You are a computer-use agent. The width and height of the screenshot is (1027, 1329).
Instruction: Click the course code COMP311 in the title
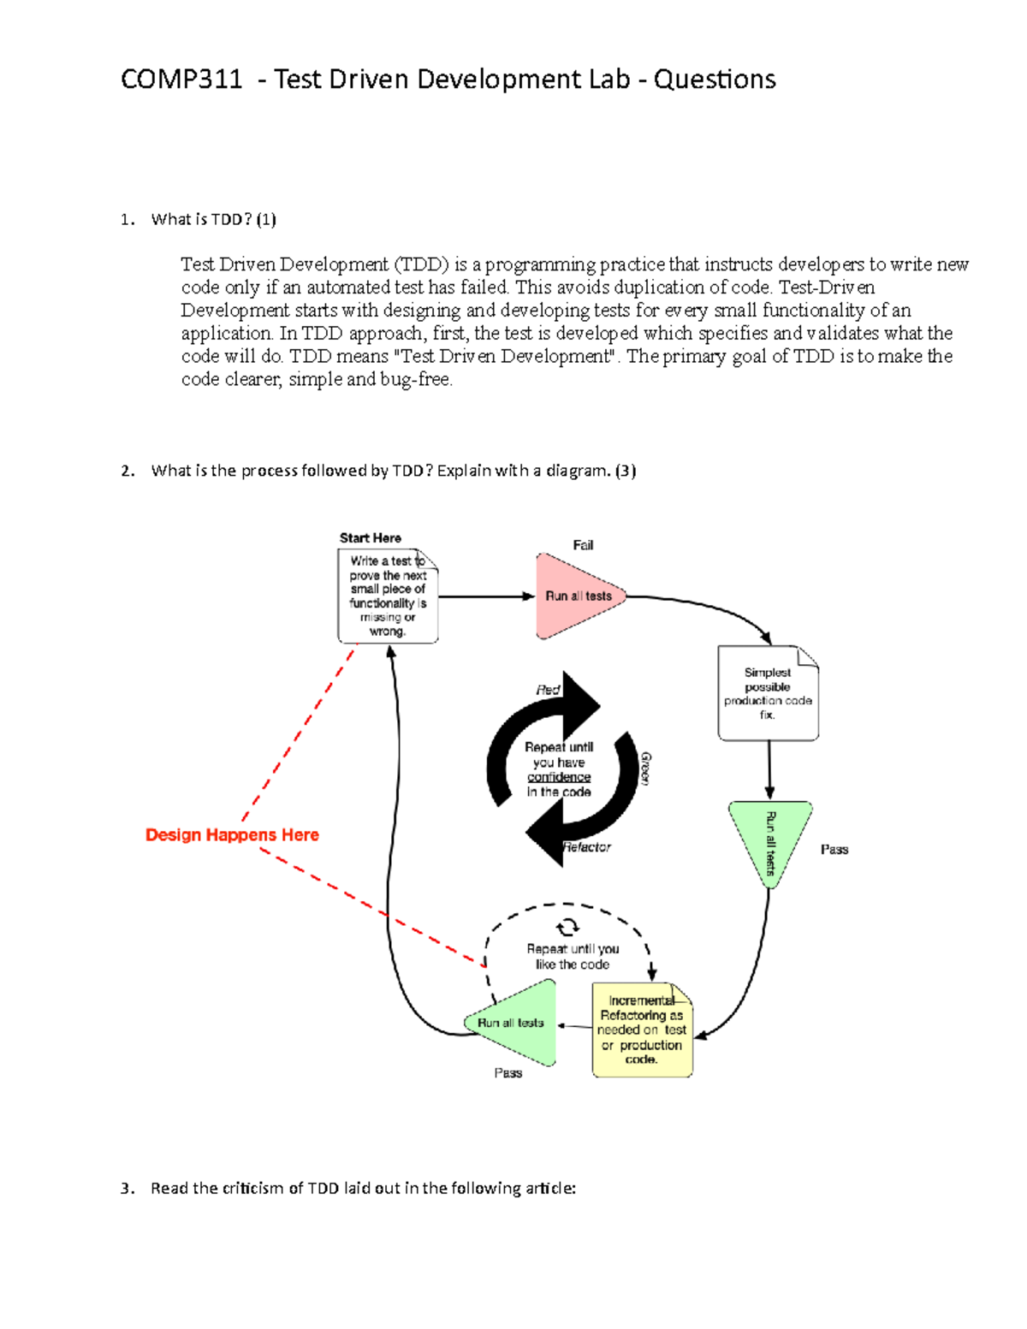(x=181, y=80)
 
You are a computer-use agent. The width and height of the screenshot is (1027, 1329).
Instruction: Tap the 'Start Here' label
(x=370, y=538)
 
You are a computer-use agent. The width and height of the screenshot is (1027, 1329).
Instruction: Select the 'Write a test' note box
(x=388, y=596)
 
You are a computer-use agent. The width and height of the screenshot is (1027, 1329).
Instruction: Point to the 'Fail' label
(x=583, y=545)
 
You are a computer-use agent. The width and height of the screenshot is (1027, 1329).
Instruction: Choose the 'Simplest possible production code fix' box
(x=768, y=693)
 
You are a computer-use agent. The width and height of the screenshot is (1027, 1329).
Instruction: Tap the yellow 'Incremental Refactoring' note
(x=642, y=1029)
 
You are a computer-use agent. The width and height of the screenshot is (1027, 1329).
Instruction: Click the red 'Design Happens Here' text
(x=232, y=835)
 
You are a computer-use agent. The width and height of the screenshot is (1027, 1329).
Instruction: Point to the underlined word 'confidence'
(x=559, y=777)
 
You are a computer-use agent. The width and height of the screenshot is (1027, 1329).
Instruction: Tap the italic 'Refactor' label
(x=587, y=847)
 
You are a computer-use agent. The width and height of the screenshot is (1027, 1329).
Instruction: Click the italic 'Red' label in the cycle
(x=548, y=690)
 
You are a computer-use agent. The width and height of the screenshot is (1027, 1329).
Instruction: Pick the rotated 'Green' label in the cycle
(x=646, y=768)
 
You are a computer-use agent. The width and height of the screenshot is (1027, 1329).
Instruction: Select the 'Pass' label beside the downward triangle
(x=834, y=850)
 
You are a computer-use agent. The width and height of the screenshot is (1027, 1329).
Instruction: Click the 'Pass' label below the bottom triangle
(x=508, y=1073)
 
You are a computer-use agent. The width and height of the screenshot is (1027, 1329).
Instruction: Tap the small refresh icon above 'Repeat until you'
(x=567, y=927)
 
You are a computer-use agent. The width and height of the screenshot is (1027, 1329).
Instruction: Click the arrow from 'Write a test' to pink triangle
(x=486, y=596)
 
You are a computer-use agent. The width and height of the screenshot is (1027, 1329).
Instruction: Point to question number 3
(x=128, y=1189)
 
